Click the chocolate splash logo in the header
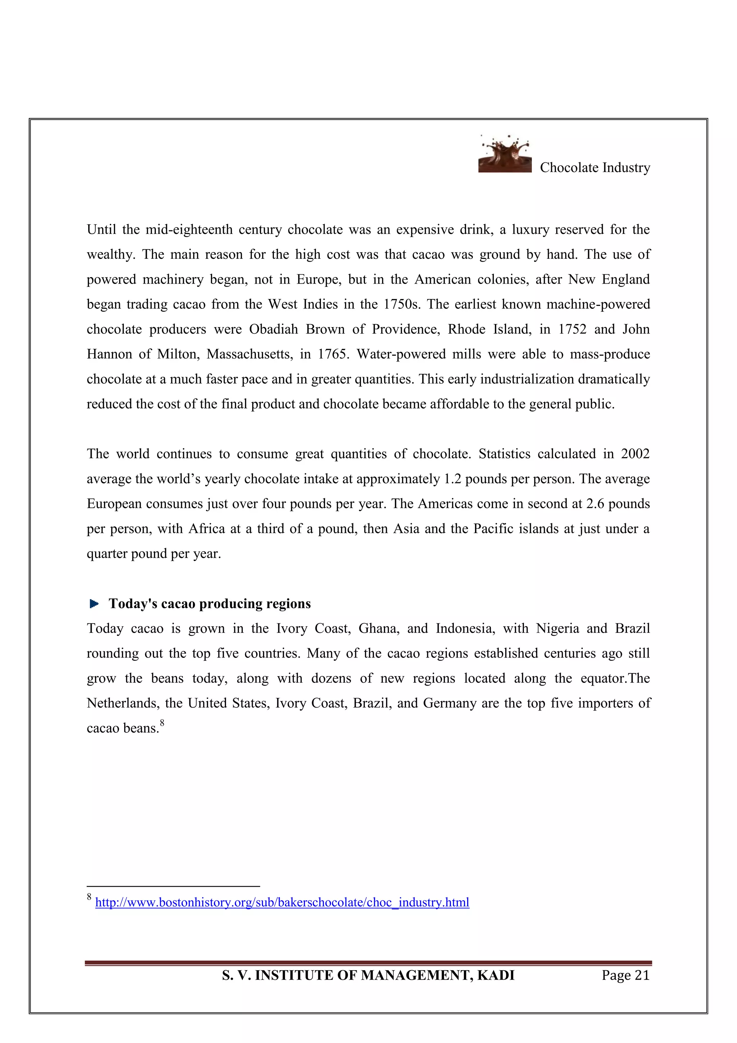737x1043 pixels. tap(505, 155)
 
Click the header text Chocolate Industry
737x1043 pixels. tap(595, 168)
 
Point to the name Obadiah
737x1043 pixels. tap(273, 329)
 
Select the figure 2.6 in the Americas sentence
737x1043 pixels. tap(595, 504)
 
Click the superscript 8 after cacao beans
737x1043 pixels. tap(162, 723)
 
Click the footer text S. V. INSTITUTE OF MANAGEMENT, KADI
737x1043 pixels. tap(368, 975)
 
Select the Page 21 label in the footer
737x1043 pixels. tap(625, 975)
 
